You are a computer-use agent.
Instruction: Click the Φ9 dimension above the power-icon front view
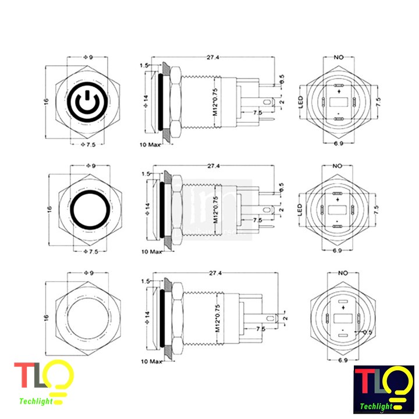pos(89,58)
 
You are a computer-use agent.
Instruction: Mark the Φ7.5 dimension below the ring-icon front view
pos(88,252)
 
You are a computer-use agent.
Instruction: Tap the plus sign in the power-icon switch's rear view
pos(338,92)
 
